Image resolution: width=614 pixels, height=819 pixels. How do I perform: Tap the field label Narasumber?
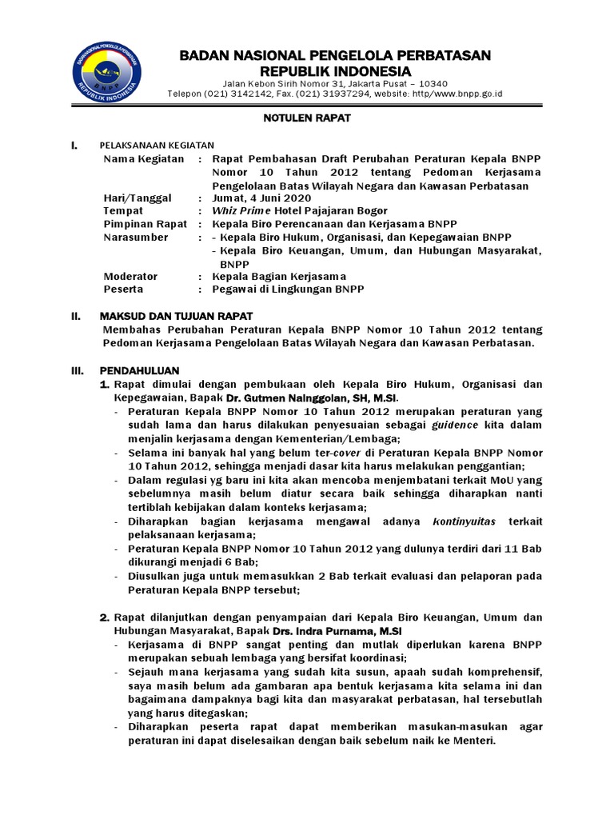(136, 237)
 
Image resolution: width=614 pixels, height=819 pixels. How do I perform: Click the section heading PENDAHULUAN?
(139, 370)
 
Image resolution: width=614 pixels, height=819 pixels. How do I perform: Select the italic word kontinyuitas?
(464, 521)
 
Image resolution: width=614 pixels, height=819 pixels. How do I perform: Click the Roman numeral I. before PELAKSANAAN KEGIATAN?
(74, 146)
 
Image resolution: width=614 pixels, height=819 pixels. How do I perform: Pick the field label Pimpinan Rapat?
(143, 224)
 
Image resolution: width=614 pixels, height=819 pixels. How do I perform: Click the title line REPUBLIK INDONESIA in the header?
(334, 72)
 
